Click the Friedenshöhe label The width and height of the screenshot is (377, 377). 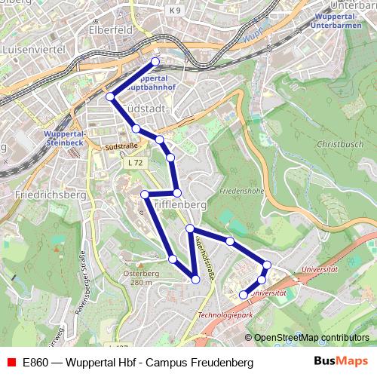pos(241,192)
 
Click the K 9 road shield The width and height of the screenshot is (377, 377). pos(197,11)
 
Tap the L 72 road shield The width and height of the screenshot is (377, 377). pos(134,163)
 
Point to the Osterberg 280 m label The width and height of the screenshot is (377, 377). pos(140,278)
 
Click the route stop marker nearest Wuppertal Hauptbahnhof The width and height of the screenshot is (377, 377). pos(156,61)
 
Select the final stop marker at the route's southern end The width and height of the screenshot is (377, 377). pos(243,295)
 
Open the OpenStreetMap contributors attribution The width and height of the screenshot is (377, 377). pos(311,337)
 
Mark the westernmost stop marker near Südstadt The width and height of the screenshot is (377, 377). pos(110,97)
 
